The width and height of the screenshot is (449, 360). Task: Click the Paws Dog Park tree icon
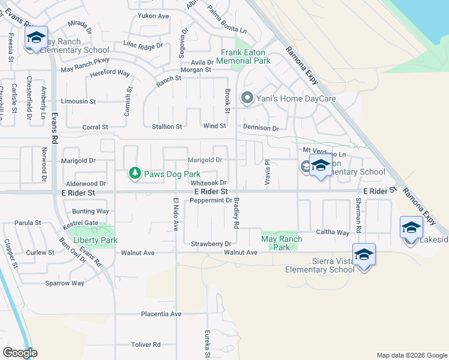pos(135,174)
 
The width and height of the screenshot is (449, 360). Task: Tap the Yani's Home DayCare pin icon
pos(246,98)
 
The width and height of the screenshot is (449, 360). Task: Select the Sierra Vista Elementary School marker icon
pos(364,255)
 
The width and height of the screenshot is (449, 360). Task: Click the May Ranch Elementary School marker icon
pos(36,39)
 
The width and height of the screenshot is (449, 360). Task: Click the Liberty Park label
pos(95,241)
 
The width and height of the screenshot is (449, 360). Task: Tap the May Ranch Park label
pos(282,243)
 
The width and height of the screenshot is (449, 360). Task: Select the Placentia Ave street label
pos(161,314)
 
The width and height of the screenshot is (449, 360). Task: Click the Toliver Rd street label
pos(146,345)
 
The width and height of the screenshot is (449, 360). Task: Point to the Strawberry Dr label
pos(211,244)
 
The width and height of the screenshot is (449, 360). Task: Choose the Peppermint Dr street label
pos(210,200)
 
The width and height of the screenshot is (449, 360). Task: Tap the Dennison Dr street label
pos(261,128)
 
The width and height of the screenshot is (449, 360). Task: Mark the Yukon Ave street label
pos(153,16)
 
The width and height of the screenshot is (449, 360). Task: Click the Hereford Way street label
pos(110,73)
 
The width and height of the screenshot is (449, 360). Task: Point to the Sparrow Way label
pos(65,283)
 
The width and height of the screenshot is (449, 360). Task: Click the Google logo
pos(20,353)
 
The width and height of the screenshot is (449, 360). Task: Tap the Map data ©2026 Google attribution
pos(412,355)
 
